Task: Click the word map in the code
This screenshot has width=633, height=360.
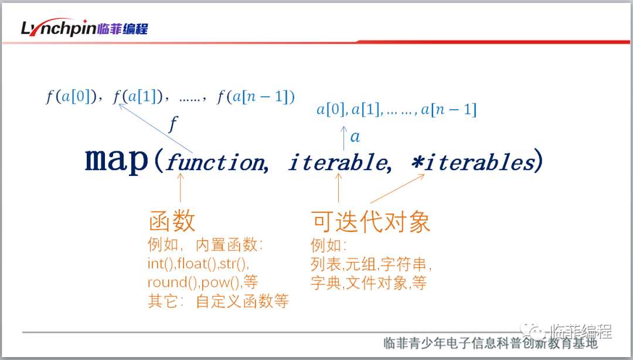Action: click(x=117, y=160)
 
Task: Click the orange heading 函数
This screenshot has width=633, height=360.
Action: click(x=172, y=221)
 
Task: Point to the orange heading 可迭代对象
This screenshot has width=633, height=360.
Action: click(x=370, y=222)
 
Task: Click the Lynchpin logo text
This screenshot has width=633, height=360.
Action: click(x=59, y=28)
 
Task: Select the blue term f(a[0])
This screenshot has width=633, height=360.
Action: click(x=71, y=97)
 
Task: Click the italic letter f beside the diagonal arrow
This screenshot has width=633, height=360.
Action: click(x=173, y=124)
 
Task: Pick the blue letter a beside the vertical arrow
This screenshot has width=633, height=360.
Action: click(x=355, y=137)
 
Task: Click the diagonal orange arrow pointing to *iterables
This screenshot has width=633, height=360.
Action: click(x=397, y=188)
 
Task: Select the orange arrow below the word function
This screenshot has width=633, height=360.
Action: click(x=181, y=188)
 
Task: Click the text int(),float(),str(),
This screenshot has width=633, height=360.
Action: click(x=198, y=263)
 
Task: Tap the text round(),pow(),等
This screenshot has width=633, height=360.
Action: click(x=203, y=282)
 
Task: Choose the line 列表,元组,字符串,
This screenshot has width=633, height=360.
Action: click(x=371, y=264)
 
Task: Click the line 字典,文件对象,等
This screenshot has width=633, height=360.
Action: click(x=369, y=283)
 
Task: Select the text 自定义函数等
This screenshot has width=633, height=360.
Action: click(x=242, y=301)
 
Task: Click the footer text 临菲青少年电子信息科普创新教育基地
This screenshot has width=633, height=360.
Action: click(x=491, y=343)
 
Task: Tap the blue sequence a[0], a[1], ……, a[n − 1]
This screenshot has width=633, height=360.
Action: click(x=396, y=110)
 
